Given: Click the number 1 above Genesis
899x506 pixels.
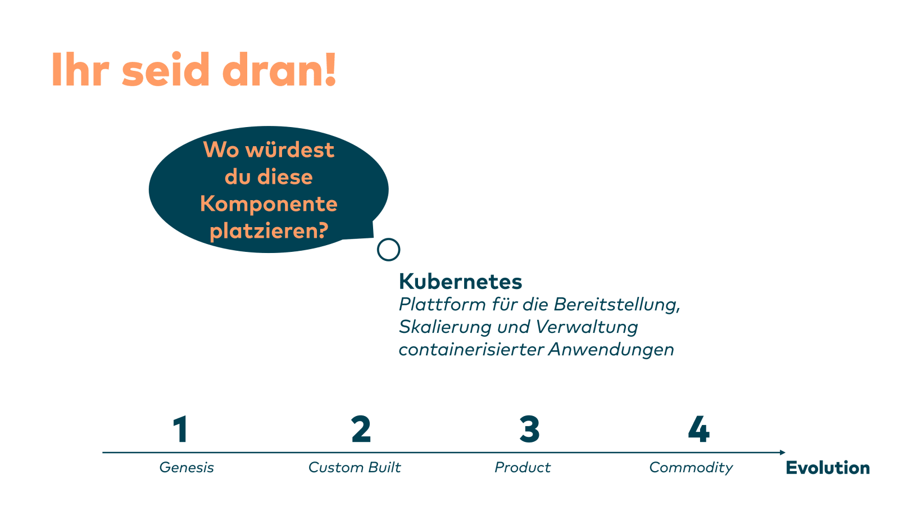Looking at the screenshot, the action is point(180,429).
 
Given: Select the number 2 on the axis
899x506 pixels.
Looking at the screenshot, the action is point(361,429).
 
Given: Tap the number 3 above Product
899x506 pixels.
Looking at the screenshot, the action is point(529,429).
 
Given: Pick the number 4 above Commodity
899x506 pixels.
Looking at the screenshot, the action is point(699,429).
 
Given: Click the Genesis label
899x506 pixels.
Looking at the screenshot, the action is point(187,468).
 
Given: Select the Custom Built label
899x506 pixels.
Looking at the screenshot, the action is point(355,467).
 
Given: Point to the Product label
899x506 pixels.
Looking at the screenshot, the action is point(523,467).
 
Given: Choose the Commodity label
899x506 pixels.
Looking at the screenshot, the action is point(691,468).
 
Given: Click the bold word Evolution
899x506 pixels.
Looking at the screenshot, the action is point(828,468).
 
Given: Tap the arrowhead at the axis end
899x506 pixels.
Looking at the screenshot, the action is point(783,453).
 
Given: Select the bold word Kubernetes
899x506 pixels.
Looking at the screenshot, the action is point(460,281).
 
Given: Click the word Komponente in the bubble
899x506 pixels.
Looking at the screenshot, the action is point(269,204).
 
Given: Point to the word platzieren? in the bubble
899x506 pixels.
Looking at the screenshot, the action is point(269,231).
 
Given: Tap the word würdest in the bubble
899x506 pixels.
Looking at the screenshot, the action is point(290,150).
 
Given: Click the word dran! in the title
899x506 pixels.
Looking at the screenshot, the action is point(279,70).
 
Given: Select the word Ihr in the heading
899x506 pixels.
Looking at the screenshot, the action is point(80,70).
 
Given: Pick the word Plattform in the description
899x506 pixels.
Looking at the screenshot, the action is point(442,304).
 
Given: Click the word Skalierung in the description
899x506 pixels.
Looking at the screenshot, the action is point(445,327).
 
